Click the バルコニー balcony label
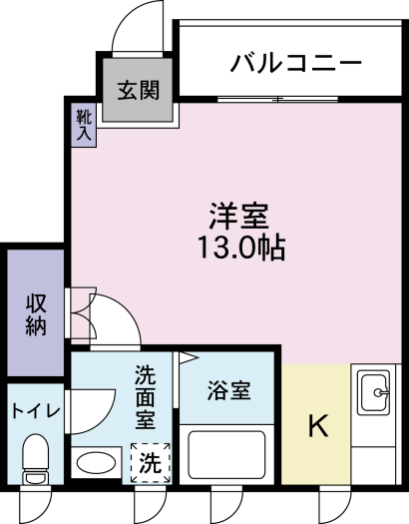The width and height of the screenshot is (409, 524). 296,63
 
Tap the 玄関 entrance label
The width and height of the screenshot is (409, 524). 139,90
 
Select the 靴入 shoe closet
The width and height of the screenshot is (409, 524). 84,125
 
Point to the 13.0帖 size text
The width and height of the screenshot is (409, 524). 241,248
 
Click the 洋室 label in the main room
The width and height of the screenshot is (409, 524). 239,217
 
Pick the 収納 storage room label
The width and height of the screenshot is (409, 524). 35,314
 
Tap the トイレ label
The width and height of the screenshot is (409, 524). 36,410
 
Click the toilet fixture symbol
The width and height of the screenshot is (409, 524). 35,459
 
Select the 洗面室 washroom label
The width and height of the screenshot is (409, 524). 146,397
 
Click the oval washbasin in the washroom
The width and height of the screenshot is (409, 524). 96,462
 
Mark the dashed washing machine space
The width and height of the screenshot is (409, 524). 151,462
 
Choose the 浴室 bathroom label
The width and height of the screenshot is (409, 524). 228,390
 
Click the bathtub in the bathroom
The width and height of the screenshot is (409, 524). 226,454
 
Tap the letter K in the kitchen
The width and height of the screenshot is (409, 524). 318,425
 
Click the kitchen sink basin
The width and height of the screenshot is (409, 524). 374,392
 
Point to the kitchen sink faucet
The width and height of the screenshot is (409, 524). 381,392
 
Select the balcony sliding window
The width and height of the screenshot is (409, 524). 277,99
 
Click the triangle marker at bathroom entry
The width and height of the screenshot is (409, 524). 189,358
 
